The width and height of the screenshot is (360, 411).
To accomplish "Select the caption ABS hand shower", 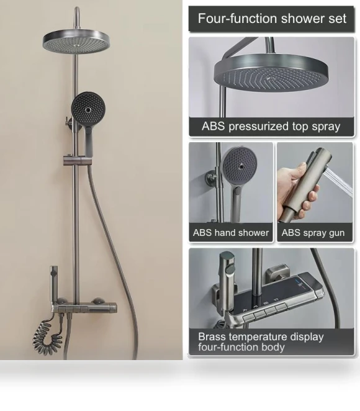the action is [231, 233].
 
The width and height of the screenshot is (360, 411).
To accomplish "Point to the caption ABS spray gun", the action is [313, 233].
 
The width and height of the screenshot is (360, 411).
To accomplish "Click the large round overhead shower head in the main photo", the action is [76, 42].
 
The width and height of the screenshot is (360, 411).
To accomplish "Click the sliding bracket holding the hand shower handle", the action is [74, 160].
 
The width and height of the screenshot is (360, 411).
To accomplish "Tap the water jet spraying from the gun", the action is [340, 181].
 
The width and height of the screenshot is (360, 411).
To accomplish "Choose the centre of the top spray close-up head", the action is [270, 78].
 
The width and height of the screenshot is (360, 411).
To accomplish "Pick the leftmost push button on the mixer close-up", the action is [249, 318].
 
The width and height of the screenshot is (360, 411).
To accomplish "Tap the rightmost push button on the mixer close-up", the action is [281, 307].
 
